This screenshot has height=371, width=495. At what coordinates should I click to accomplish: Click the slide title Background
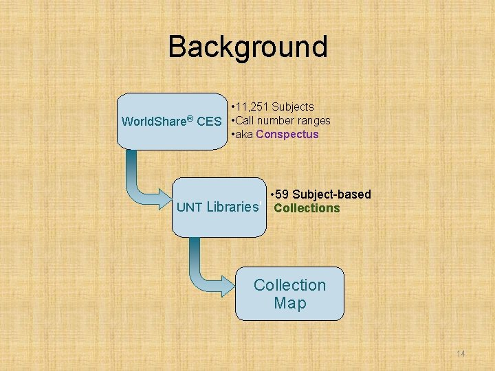click(247, 47)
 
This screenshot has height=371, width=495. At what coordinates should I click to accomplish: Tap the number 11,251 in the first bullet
click(253, 106)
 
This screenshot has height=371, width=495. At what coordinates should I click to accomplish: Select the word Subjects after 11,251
click(293, 106)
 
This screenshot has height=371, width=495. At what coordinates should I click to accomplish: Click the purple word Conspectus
click(287, 134)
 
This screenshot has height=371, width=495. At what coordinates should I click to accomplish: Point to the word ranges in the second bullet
click(313, 120)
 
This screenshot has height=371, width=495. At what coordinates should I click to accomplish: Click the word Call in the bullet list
click(245, 120)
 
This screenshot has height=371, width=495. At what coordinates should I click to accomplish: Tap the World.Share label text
click(154, 122)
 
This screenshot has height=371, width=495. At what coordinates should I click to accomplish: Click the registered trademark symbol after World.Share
click(190, 119)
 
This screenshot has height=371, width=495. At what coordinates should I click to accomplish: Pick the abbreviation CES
click(209, 122)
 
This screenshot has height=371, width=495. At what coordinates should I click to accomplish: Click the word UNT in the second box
click(190, 207)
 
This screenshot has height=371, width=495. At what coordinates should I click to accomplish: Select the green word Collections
click(307, 208)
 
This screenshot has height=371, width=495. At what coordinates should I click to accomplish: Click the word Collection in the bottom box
click(289, 285)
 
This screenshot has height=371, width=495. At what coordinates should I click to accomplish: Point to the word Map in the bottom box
click(289, 303)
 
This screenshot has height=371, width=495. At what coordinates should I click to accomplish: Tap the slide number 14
click(461, 353)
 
